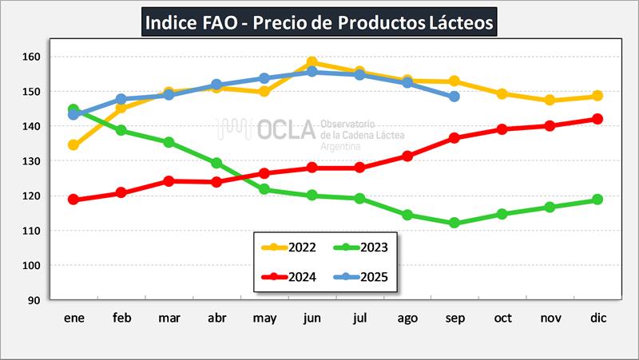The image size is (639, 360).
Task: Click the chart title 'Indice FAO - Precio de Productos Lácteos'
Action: [x=320, y=22]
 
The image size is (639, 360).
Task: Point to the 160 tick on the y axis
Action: [x=30, y=57]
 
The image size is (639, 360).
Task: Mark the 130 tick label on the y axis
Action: [x=30, y=161]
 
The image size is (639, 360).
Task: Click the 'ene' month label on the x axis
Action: [x=73, y=318]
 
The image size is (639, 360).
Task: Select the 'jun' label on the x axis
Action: [x=312, y=318]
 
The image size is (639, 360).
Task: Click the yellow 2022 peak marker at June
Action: [x=312, y=62]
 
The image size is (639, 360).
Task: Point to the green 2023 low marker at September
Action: [x=454, y=224]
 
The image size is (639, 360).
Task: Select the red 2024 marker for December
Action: [x=597, y=119]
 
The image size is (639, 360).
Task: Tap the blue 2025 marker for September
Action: [x=454, y=97]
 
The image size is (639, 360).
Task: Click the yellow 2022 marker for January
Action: [x=73, y=145]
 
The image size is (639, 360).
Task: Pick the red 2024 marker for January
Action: [x=73, y=200]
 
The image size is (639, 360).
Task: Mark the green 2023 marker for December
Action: [x=597, y=200]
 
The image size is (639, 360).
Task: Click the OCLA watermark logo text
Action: [x=288, y=130]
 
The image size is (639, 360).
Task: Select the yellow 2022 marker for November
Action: [x=550, y=101]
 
